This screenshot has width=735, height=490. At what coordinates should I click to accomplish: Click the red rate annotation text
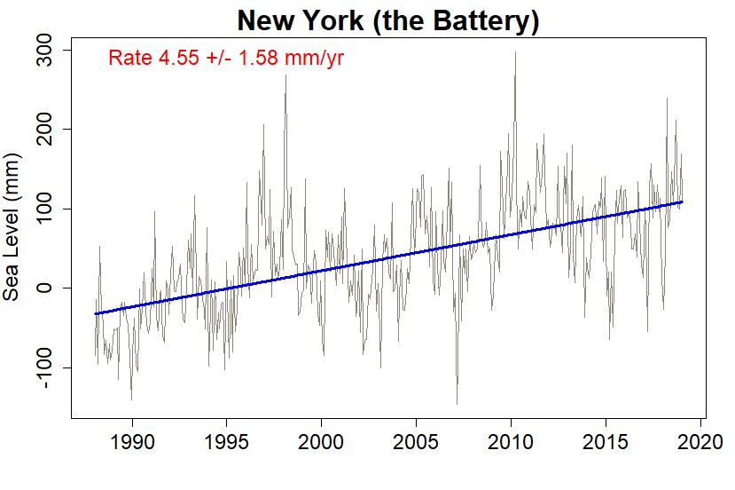click(226, 59)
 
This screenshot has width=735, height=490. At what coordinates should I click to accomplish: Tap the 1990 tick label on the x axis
click(132, 442)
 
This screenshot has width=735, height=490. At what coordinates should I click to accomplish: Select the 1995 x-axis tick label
click(226, 442)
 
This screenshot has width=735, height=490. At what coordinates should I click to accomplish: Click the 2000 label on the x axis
click(321, 442)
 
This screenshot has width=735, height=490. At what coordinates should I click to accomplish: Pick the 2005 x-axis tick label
click(416, 442)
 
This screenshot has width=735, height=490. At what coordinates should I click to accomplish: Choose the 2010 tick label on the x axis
click(511, 442)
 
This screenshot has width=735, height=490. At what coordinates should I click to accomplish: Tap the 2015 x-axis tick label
click(606, 442)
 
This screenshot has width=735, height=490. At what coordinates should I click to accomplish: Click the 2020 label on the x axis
click(700, 442)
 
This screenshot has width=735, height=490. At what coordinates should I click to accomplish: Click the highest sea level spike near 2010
click(515, 52)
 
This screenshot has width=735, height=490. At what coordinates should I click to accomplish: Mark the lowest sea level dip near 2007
click(457, 404)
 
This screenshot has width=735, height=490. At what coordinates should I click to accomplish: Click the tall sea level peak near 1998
click(285, 75)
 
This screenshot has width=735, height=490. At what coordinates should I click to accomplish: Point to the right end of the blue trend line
click(682, 202)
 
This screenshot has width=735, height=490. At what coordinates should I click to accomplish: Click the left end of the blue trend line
click(95, 313)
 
